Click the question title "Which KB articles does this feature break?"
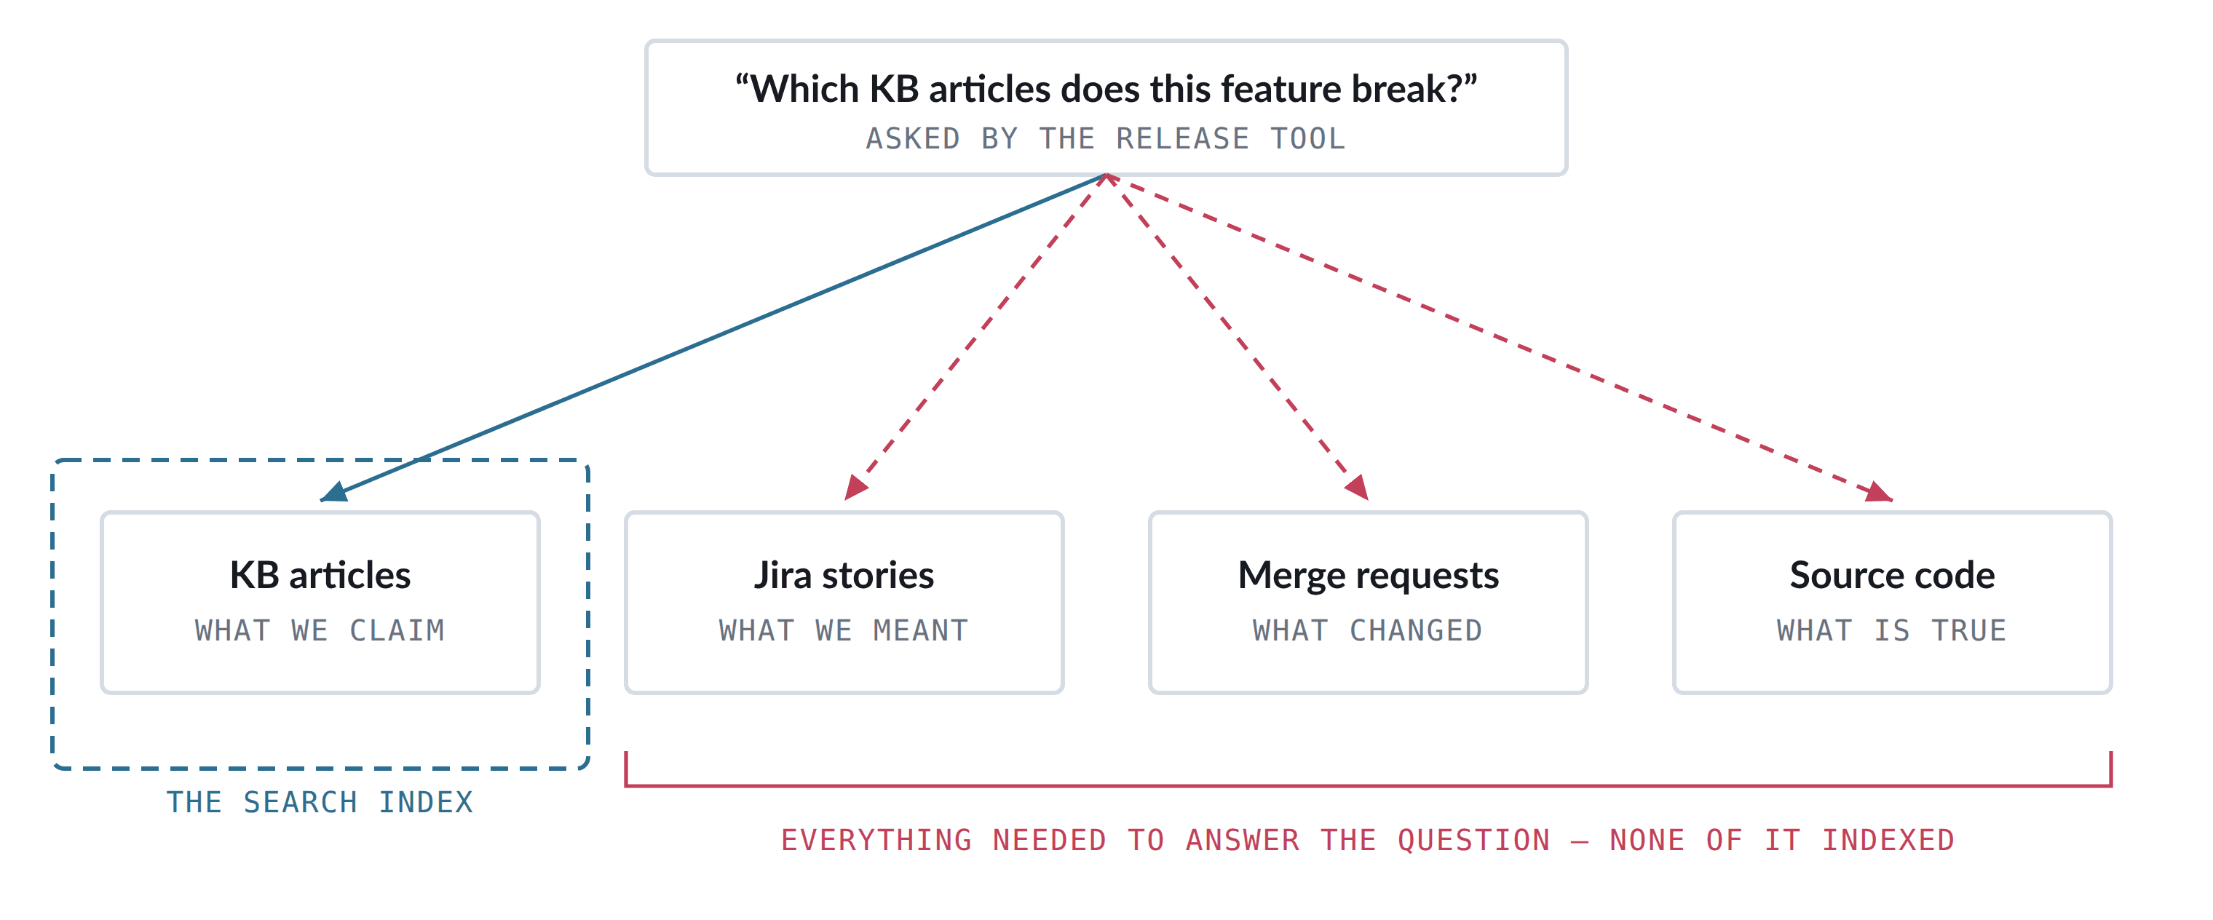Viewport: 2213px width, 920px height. click(x=1106, y=90)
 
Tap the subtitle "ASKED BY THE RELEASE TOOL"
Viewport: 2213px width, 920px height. click(x=1106, y=138)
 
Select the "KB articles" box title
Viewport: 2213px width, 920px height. click(x=320, y=576)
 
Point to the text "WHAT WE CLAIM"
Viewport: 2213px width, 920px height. click(x=320, y=630)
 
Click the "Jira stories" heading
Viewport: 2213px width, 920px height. click(x=844, y=576)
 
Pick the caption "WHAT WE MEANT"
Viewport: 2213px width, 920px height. click(x=844, y=630)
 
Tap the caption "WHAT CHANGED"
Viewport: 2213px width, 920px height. click(x=1368, y=630)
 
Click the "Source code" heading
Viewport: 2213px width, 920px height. click(x=1892, y=576)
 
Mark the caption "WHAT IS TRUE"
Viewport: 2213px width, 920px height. click(x=1892, y=630)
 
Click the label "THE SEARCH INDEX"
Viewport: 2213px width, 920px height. click(x=320, y=802)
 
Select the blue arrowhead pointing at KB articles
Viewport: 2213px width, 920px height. click(x=334, y=491)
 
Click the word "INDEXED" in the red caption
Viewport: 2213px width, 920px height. click(x=1888, y=840)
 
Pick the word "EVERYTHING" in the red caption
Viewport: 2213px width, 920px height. click(x=876, y=840)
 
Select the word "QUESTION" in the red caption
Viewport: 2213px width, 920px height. click(x=1474, y=840)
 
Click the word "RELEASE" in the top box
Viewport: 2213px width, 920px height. click(x=1183, y=138)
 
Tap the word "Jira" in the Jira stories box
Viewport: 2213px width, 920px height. click(x=782, y=576)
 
